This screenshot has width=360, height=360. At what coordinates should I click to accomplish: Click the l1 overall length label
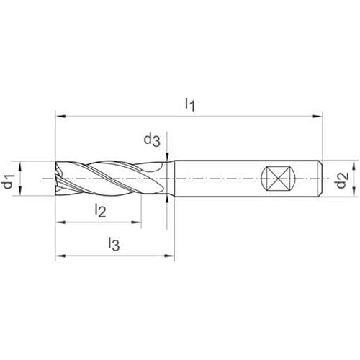coord(190,105)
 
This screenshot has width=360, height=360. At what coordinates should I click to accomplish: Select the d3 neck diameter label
coord(152,140)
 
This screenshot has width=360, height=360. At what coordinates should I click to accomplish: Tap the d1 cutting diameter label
coord(9,181)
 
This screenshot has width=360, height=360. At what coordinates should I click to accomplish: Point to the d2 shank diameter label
coord(342,180)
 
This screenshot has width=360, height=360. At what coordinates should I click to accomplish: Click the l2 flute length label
coord(100,210)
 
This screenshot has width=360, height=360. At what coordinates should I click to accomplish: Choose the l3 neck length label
coord(114,244)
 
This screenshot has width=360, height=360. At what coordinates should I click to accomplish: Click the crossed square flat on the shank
coord(277,179)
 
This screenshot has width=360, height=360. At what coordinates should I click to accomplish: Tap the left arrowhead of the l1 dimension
coord(60,117)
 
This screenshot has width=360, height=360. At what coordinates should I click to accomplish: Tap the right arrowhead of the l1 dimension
coord(317,117)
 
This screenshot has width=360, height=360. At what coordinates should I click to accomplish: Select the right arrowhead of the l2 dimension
coord(136,222)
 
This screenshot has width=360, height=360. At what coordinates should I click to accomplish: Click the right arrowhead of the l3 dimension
coord(169,256)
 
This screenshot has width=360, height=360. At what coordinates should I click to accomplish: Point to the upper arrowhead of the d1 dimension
coord(20,166)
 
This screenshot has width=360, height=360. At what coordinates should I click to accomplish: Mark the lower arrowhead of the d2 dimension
coord(353,192)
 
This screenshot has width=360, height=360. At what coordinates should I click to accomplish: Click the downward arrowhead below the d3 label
coord(167,156)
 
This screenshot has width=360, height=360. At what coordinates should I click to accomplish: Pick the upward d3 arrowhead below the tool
coord(167,200)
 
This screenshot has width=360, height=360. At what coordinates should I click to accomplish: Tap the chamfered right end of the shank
coord(320,179)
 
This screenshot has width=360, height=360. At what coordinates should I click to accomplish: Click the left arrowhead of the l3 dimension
coord(60,256)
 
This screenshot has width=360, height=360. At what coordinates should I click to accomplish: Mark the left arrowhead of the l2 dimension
coord(60,222)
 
